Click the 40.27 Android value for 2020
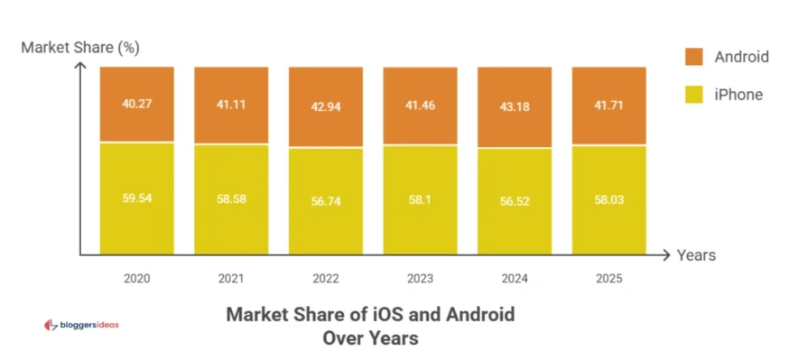[x=136, y=103]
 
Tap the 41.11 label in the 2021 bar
[x=231, y=104]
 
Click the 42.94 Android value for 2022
[x=326, y=106]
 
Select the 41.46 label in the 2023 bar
[x=420, y=105]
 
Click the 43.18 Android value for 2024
[x=515, y=106]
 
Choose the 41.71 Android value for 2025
[x=609, y=105]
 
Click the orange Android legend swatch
[x=693, y=57]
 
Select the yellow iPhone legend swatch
[x=693, y=94]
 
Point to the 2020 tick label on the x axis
[x=136, y=279]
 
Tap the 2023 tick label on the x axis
[x=420, y=279]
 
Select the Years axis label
[x=696, y=255]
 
